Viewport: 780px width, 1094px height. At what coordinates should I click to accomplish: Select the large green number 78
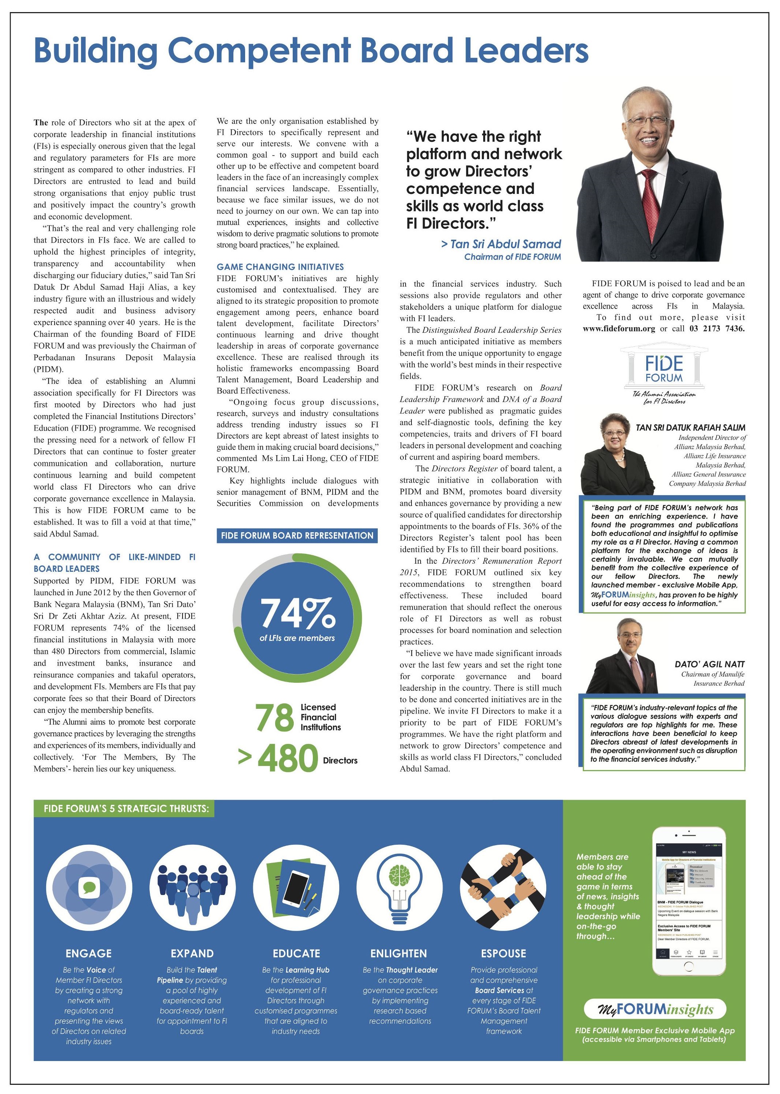point(274,717)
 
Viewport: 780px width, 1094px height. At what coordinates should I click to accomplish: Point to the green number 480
point(288,759)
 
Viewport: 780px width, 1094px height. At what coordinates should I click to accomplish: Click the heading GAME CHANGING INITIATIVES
point(280,267)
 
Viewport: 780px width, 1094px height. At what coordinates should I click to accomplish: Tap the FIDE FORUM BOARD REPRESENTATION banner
point(297,535)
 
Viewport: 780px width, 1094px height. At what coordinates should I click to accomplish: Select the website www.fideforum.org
point(619,329)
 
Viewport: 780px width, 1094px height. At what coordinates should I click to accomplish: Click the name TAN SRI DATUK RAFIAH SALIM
point(690,427)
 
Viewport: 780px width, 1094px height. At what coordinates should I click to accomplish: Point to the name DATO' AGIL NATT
point(709,664)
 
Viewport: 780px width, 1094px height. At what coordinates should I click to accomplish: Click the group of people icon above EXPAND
point(192,887)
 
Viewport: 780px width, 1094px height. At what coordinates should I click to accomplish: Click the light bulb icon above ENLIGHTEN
point(400,887)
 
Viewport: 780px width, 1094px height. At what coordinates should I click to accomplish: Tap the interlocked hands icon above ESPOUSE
point(503,887)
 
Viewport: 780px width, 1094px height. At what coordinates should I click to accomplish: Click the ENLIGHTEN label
point(399,953)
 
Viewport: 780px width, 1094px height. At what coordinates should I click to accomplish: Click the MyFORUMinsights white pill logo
point(655,1009)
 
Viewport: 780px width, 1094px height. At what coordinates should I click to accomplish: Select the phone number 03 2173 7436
point(717,329)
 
